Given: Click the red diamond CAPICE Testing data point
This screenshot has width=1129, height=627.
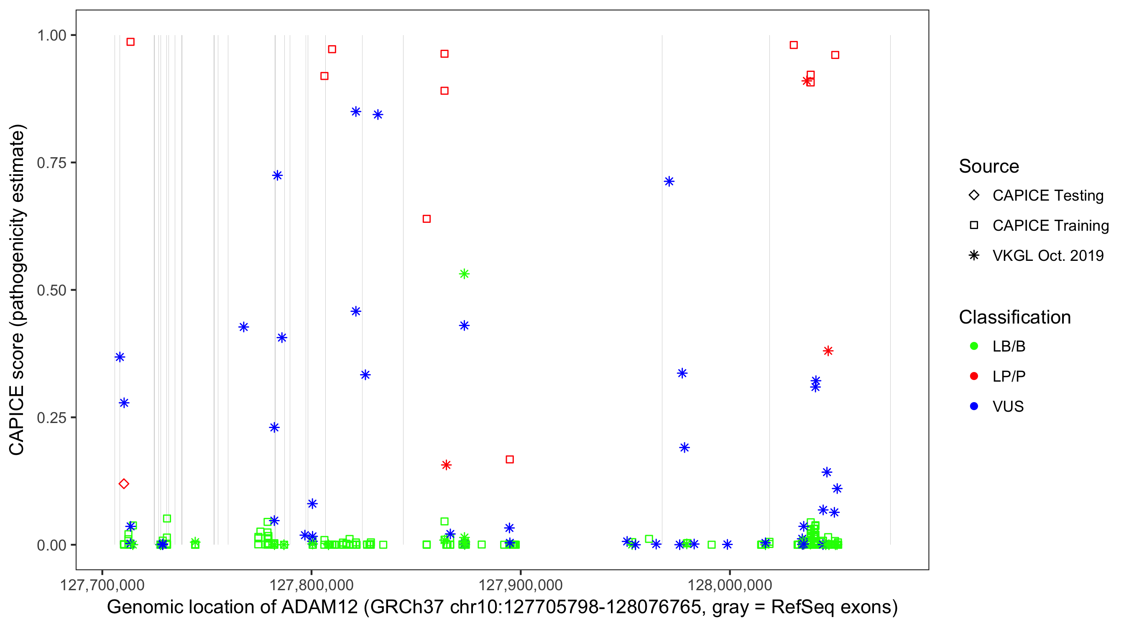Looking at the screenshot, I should tap(124, 484).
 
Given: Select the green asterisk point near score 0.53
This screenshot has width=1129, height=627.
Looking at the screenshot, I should tap(464, 274).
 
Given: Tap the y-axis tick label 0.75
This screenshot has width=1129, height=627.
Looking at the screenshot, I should tap(51, 163).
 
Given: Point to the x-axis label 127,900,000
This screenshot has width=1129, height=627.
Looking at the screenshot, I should tap(520, 585).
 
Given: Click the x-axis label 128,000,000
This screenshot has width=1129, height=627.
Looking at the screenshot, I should tap(730, 585).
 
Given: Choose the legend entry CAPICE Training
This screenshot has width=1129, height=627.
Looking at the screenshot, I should tap(1050, 226).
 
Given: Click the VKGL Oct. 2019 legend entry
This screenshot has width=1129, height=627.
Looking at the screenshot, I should tap(1047, 256).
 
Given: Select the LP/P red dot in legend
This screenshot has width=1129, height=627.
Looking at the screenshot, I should tap(974, 376).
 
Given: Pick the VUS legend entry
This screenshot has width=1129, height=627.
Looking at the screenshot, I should tap(1008, 407).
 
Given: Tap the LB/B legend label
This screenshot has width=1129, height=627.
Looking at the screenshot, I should tap(1009, 347).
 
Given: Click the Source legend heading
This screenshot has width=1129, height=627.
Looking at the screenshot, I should tap(989, 166).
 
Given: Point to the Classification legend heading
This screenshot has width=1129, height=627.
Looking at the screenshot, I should tap(1014, 317).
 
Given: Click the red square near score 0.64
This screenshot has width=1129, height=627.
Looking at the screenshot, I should tap(427, 219).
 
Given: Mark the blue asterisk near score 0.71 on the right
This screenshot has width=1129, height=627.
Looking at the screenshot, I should tap(669, 181).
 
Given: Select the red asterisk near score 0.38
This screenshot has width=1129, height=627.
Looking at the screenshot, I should tap(828, 351).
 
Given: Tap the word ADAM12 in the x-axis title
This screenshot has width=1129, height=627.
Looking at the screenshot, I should tap(319, 607).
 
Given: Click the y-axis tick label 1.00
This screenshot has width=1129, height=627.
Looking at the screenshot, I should tap(51, 36).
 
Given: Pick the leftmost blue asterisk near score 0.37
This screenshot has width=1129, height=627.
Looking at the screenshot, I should tap(120, 357).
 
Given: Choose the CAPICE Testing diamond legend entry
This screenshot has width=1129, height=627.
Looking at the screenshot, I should tap(1047, 196).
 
